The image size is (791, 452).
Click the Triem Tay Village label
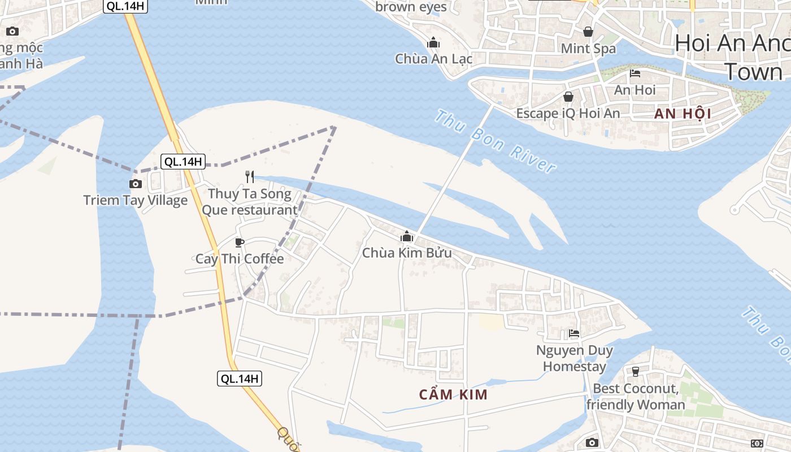(x=136, y=200)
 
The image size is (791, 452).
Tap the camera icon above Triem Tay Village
(x=136, y=184)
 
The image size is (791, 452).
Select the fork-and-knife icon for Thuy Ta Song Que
(x=250, y=177)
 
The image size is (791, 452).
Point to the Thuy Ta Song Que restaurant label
(x=250, y=202)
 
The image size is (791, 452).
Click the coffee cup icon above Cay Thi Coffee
(x=240, y=242)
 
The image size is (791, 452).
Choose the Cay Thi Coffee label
(x=240, y=259)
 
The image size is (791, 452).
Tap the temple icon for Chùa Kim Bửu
(x=407, y=236)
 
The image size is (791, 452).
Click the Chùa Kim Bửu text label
(x=407, y=253)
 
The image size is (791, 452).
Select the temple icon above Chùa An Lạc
(x=433, y=42)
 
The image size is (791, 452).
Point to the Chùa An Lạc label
(x=433, y=59)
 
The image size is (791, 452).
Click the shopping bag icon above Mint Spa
(x=588, y=32)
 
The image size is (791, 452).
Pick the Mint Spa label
(x=588, y=49)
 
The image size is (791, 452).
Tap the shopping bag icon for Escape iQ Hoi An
(x=568, y=97)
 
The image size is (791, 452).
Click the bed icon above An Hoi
(x=635, y=73)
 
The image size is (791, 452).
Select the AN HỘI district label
(x=683, y=114)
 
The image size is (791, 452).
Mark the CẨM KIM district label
(x=453, y=394)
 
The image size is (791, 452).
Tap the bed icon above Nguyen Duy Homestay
(x=574, y=333)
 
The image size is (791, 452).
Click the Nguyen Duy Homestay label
(x=575, y=358)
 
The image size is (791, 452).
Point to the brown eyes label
(x=411, y=7)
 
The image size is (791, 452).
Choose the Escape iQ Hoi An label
(x=568, y=114)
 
